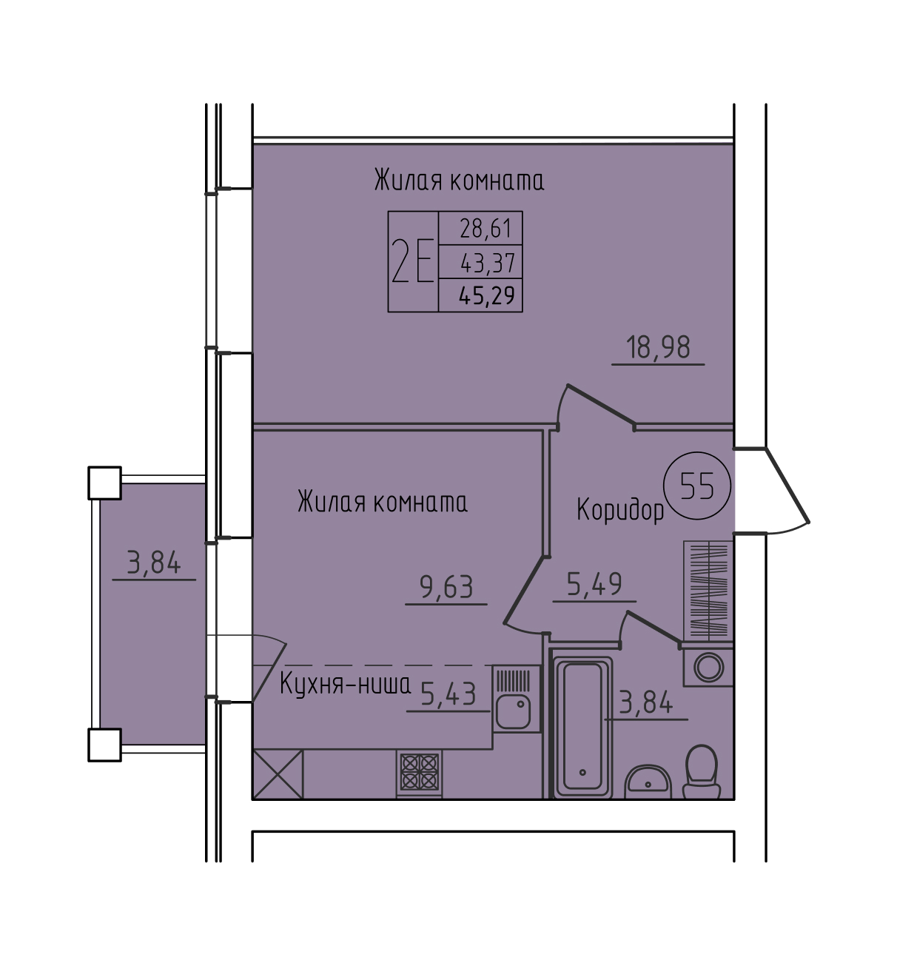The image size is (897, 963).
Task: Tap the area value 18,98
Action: [x=658, y=348]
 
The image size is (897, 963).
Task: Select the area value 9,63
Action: [x=446, y=587]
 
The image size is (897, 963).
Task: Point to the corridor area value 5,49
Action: [x=594, y=584]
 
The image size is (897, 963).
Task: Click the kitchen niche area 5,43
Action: [x=448, y=694]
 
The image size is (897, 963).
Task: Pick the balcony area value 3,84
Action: [x=154, y=563]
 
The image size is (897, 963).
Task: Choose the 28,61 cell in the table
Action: [x=480, y=228]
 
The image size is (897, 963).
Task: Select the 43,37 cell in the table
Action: [x=480, y=262]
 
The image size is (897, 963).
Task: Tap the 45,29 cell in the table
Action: [x=480, y=295]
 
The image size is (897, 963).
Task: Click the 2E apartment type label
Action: [x=413, y=262]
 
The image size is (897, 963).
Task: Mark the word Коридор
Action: [x=620, y=510]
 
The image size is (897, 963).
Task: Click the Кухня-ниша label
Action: [x=345, y=685]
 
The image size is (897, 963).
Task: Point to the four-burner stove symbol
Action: [x=419, y=772]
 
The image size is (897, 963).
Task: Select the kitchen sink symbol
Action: [x=517, y=699]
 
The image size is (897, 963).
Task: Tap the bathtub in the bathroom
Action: [x=582, y=726]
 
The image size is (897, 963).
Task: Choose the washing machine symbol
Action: [x=708, y=668]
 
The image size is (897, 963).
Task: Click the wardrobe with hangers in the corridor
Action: [x=708, y=591]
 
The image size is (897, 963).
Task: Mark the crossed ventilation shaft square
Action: [x=278, y=774]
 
